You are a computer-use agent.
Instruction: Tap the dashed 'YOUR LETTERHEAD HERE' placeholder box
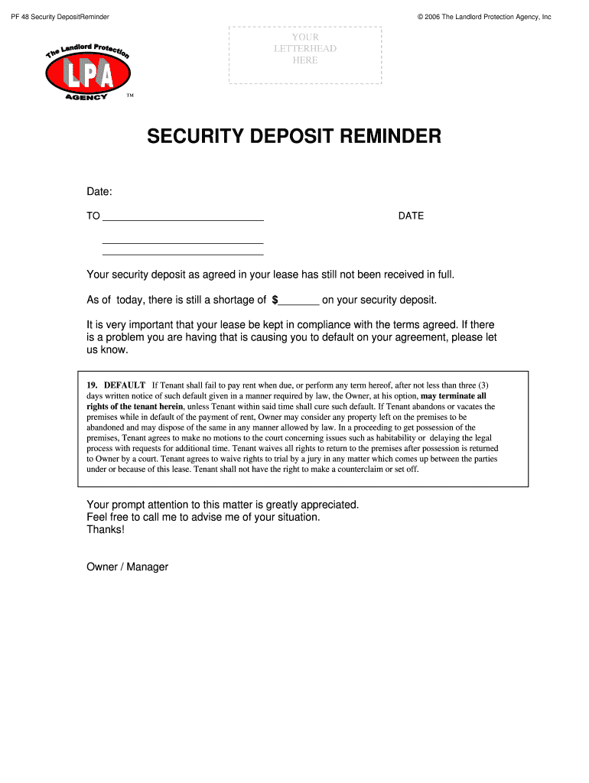305,55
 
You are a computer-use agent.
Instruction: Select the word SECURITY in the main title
194,137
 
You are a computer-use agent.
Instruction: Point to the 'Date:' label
99,190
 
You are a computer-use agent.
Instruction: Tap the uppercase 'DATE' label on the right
411,216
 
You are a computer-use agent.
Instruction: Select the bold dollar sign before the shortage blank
275,300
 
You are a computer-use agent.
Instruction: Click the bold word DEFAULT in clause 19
125,385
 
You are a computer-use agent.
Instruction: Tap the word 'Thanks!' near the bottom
106,529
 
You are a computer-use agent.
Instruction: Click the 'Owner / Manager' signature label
128,567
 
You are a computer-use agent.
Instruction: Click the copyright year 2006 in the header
434,17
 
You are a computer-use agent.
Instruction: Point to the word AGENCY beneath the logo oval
85,96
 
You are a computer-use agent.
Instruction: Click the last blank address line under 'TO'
183,253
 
